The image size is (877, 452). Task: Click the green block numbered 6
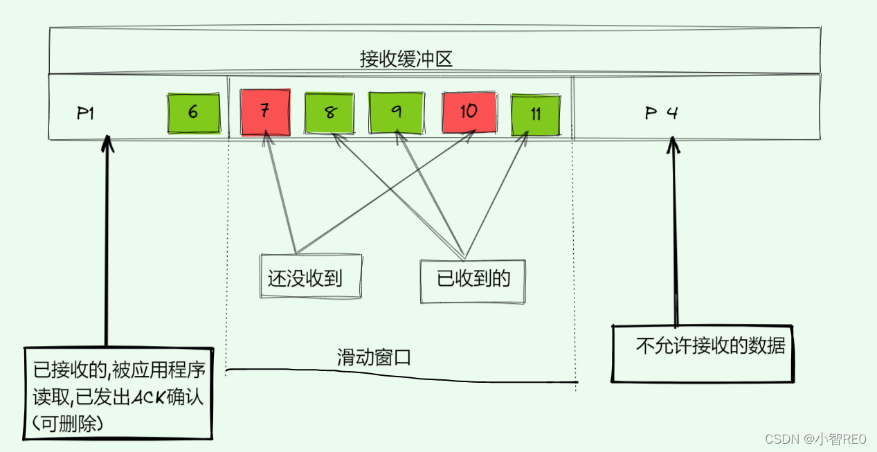coord(193,113)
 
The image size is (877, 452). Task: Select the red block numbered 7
coord(264,112)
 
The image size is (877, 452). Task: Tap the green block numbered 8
coord(329,113)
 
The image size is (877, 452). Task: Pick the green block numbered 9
coord(396,112)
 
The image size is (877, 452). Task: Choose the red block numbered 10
coord(469,112)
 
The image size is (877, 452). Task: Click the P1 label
coord(85,114)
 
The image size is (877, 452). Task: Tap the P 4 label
coord(661,114)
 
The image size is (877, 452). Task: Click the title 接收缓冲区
coord(406,60)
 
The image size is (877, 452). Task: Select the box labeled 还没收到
coord(305,278)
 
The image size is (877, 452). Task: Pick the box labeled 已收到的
coord(473,278)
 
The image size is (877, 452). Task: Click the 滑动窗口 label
coord(374,358)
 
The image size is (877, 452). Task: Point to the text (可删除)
coord(69,422)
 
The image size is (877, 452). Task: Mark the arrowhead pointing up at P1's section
coord(106,142)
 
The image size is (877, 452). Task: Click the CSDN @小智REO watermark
coord(817,439)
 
